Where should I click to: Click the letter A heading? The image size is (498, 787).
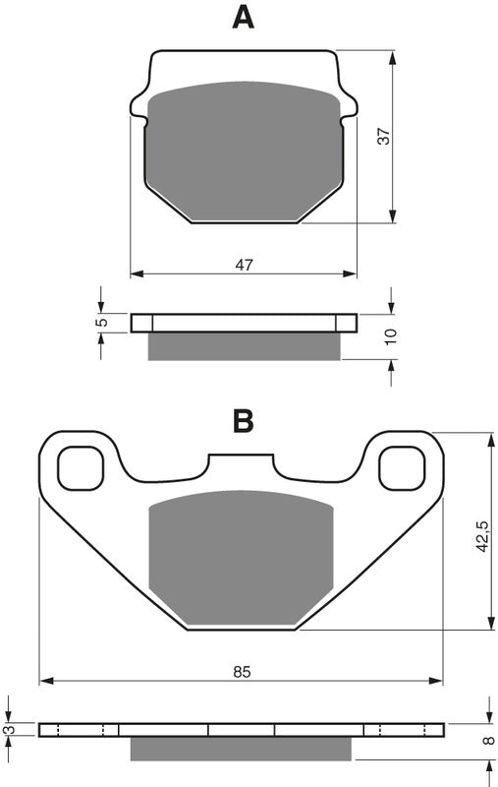[x=243, y=18]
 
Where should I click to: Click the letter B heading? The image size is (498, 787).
[x=243, y=421]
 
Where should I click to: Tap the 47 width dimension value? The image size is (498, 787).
[x=245, y=264]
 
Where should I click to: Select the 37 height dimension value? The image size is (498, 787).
[x=385, y=138]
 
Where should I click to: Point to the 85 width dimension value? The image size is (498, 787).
[x=243, y=672]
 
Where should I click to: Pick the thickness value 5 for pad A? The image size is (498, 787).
[x=100, y=322]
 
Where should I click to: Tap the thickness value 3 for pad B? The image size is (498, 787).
[x=10, y=729]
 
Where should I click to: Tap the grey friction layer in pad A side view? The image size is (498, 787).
[x=244, y=346]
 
